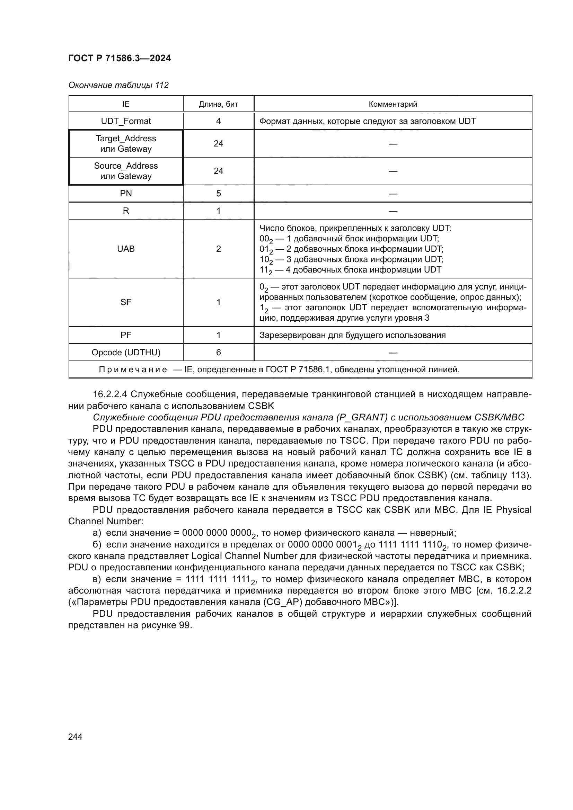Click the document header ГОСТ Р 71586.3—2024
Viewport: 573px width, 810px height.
119,58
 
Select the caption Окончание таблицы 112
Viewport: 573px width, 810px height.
118,85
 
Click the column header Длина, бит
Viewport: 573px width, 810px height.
218,104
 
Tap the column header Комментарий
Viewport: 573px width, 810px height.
393,104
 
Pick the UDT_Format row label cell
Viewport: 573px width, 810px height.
126,121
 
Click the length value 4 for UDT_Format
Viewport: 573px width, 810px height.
218,121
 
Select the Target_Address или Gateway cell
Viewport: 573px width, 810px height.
126,144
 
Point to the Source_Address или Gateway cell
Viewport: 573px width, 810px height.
126,171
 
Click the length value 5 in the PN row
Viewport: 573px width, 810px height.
218,194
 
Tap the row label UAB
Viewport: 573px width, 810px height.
126,249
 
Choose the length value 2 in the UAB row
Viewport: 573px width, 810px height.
218,249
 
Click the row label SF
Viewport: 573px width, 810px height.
126,302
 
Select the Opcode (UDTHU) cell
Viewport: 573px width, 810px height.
126,353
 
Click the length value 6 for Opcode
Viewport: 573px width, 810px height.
218,353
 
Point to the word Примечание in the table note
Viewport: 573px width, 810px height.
133,370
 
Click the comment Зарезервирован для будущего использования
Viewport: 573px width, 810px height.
352,335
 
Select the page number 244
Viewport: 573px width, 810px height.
75,737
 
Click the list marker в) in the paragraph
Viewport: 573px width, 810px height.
97,579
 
